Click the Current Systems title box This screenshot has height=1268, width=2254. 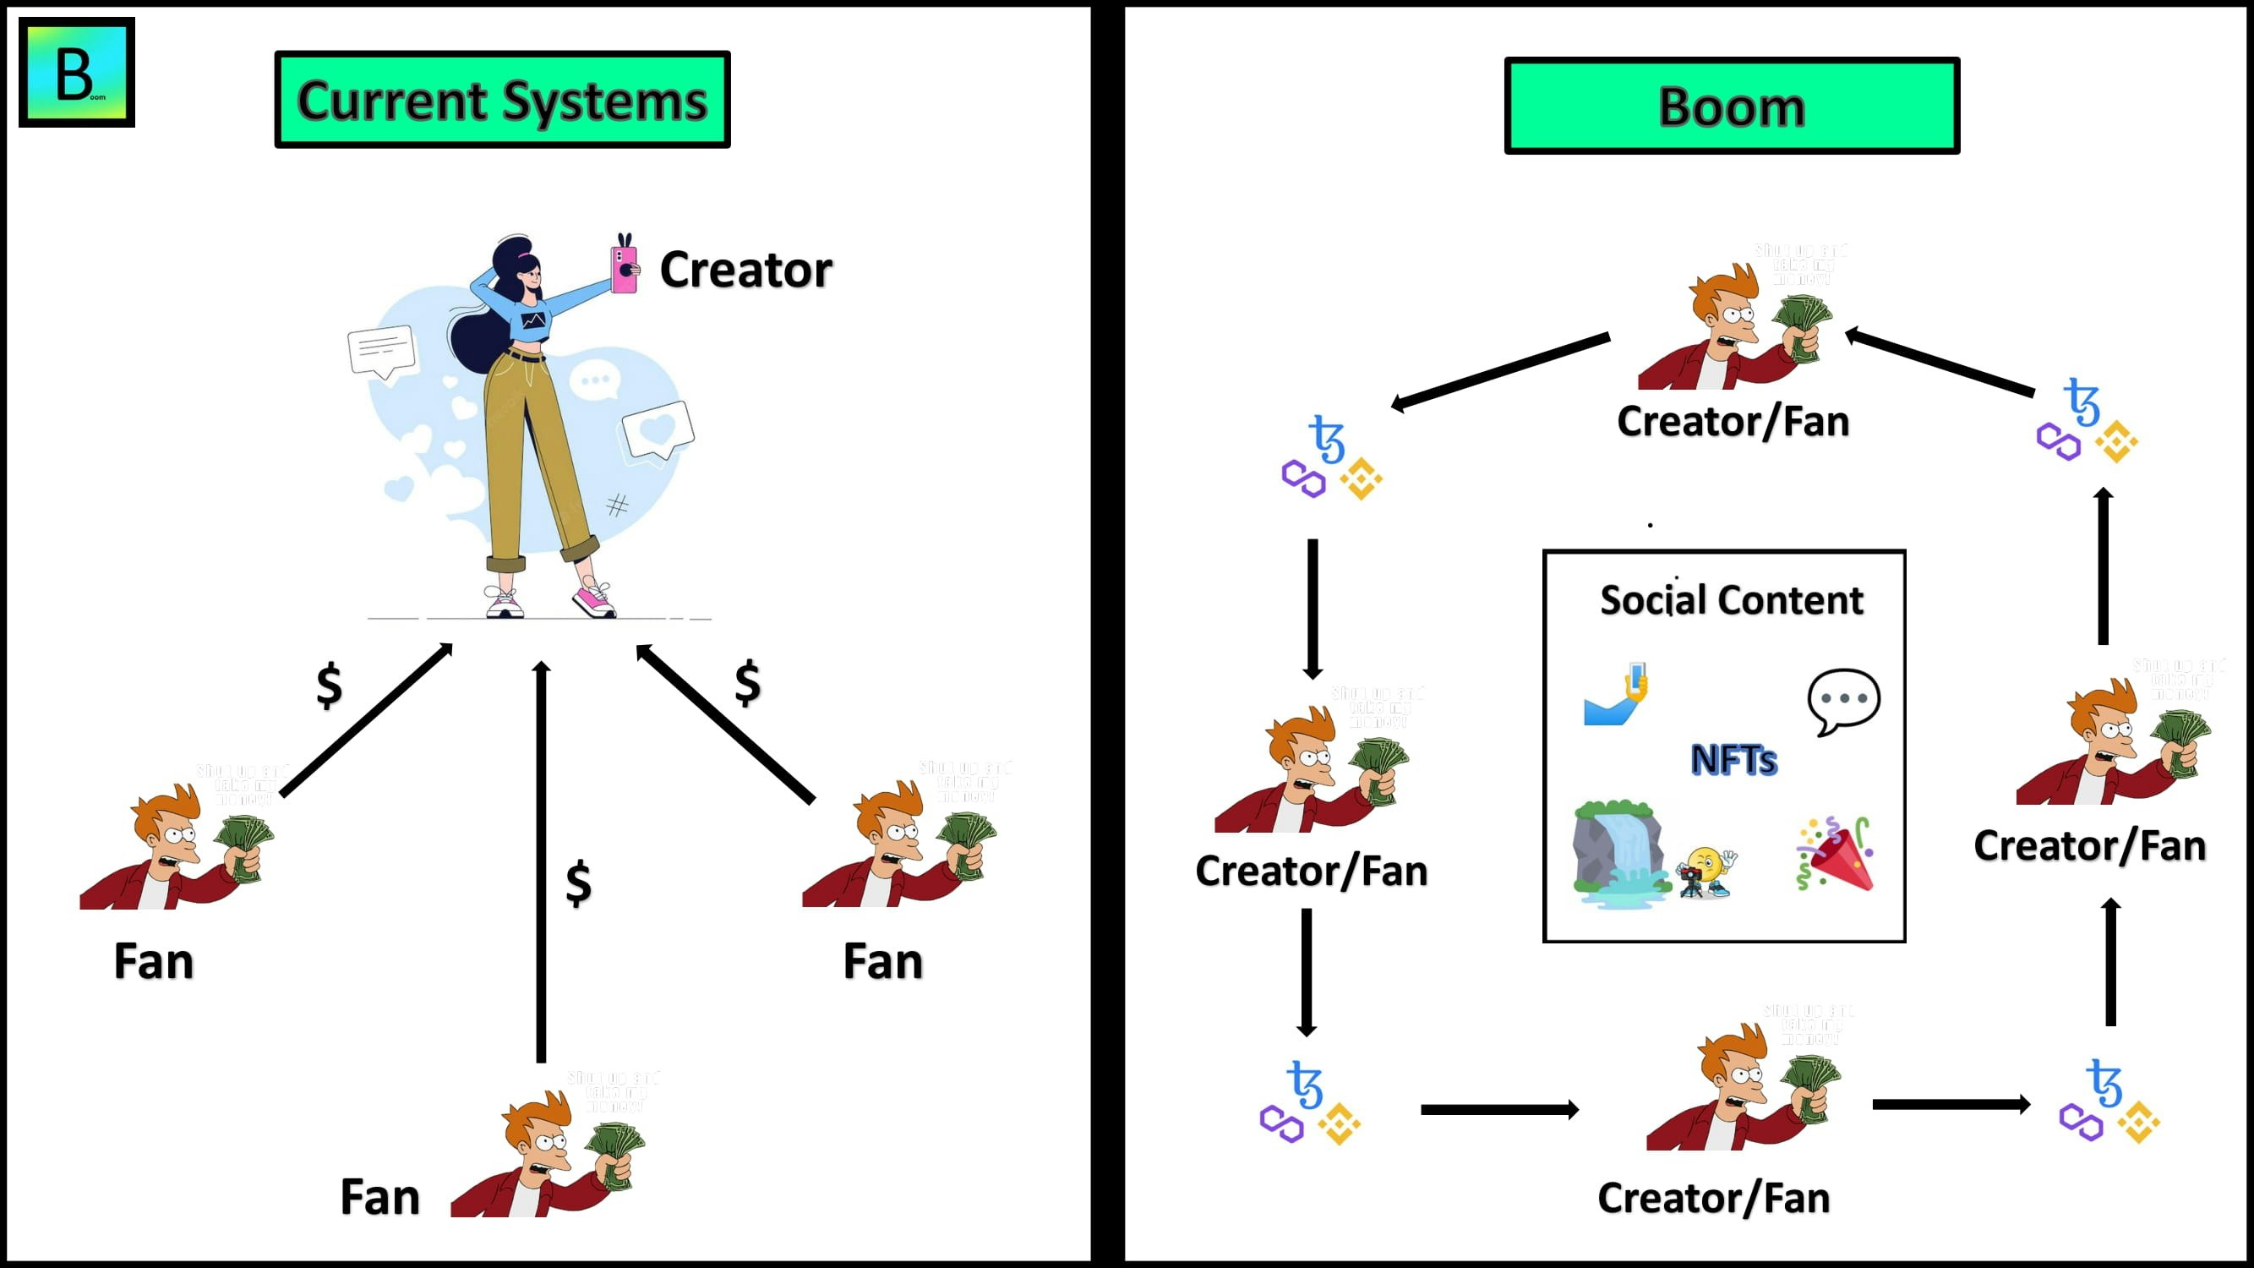click(x=502, y=100)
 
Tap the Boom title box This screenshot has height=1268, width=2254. click(x=1731, y=107)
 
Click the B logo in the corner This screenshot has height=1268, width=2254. click(x=77, y=73)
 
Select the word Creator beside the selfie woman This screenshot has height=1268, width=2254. click(x=745, y=270)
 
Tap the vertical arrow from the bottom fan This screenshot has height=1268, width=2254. click(x=542, y=862)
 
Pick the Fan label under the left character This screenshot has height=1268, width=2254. click(x=154, y=962)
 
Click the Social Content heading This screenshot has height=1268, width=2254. click(x=1731, y=600)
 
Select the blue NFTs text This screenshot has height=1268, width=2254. click(x=1733, y=760)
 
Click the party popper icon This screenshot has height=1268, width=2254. click(x=1836, y=855)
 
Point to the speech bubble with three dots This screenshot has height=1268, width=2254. click(x=1842, y=700)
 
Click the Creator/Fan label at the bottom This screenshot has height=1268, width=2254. click(x=1713, y=1198)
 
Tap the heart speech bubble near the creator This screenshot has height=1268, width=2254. click(x=658, y=429)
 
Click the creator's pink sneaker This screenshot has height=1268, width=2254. click(x=594, y=599)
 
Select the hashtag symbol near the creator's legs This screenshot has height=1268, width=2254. click(x=617, y=505)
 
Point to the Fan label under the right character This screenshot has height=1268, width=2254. click(x=883, y=962)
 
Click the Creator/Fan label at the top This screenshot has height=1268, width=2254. click(x=1733, y=422)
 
